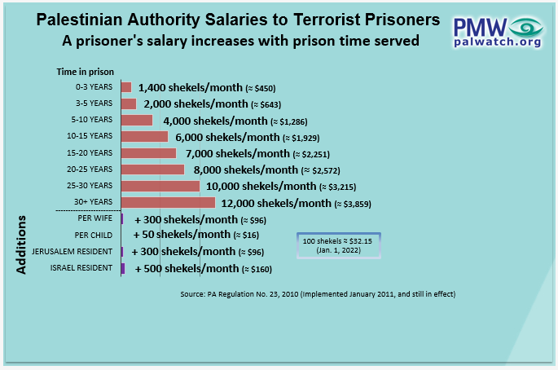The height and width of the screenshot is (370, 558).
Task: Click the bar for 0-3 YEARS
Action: click(x=126, y=87)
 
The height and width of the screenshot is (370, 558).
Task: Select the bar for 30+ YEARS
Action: click(x=168, y=202)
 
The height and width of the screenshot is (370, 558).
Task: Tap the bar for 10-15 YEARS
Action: click(x=144, y=136)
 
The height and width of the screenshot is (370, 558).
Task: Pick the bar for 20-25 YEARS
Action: click(x=152, y=170)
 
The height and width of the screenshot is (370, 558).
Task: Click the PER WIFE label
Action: click(x=95, y=219)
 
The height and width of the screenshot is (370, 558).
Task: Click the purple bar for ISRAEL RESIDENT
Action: click(x=122, y=268)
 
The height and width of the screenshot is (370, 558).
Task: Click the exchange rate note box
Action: click(x=338, y=245)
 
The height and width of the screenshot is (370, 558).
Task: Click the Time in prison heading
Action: click(x=85, y=72)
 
